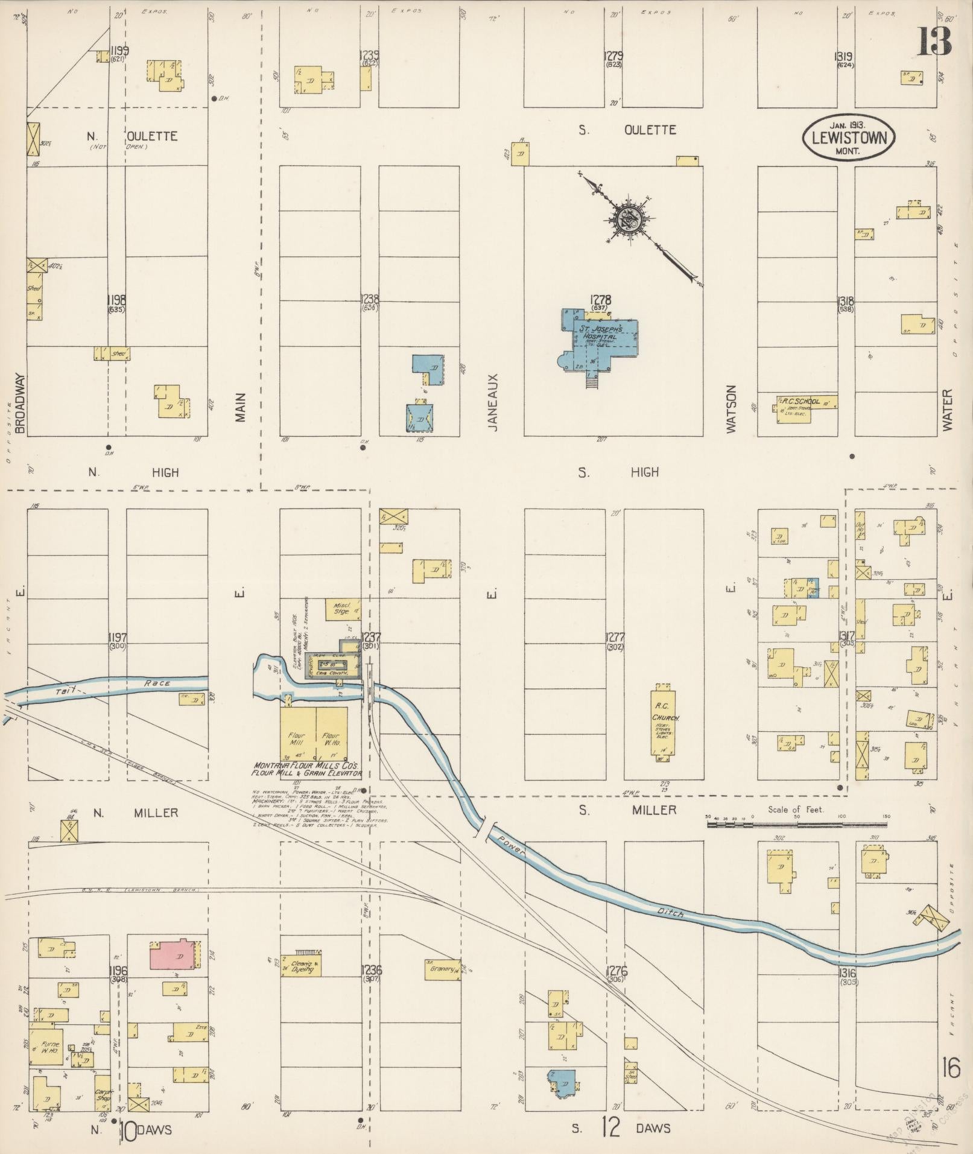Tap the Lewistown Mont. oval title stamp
coord(848,138)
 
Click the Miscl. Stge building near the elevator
coord(342,608)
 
